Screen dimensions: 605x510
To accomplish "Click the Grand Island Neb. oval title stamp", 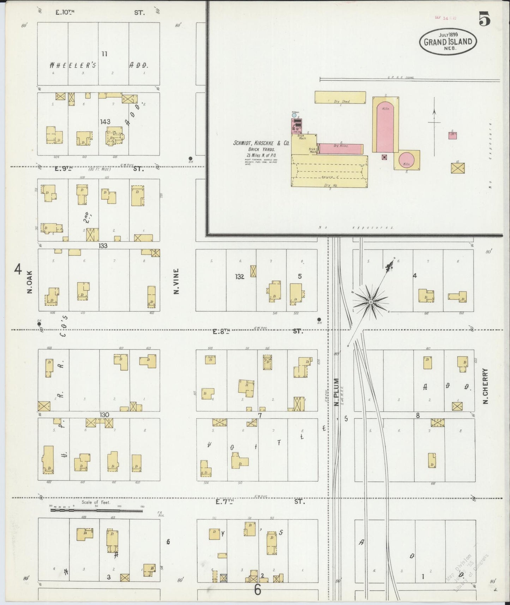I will [448, 41].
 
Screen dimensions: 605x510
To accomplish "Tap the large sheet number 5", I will [484, 19].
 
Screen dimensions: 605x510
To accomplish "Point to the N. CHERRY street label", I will [485, 386].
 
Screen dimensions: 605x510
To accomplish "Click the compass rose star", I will [371, 302].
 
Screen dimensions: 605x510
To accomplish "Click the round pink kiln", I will [406, 160].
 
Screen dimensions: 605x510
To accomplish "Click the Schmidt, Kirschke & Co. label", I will [261, 143].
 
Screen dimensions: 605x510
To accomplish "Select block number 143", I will [105, 122].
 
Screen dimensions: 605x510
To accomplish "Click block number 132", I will [240, 277].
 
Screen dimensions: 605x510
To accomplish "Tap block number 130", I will [104, 415].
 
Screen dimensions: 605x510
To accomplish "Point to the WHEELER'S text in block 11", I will [72, 65].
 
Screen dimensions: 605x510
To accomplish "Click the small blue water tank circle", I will [294, 115].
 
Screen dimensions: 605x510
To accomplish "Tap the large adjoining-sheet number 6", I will [257, 589].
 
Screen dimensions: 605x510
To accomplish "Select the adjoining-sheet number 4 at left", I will [18, 270].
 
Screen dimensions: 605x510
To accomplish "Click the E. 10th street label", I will [65, 13].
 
